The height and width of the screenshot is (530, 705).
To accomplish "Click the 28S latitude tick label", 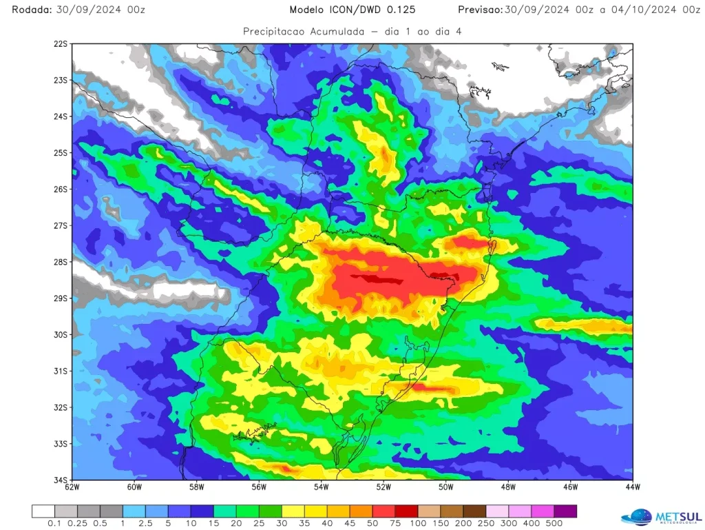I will [61, 262].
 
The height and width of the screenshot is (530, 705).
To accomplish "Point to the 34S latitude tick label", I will [61, 480].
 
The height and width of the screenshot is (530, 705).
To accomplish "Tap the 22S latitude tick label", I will [61, 43].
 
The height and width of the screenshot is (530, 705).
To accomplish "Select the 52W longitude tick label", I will [383, 487].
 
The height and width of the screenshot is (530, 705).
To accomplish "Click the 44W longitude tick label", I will [632, 487].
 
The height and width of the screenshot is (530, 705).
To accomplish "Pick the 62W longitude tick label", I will [72, 487].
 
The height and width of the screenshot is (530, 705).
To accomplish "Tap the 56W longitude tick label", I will [259, 487].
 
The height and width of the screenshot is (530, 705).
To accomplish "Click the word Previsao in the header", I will [480, 10].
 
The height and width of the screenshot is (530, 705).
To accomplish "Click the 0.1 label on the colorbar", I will [54, 524].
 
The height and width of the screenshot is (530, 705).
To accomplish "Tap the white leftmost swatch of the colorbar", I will [43, 511].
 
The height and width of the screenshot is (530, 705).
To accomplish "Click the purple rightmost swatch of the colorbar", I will [565, 511].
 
